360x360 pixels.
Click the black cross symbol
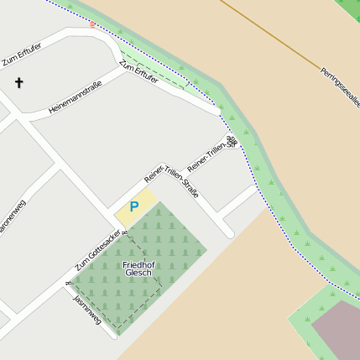pos(19,82)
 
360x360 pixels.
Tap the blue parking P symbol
pos(133,206)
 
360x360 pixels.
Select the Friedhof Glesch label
pos(138,269)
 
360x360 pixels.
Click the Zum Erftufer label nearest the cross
pos(22,56)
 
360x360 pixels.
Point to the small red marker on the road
pos(92,25)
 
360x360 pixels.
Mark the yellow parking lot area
pos(134,207)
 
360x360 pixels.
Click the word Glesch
pos(138,274)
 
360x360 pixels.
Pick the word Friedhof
pos(138,264)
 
